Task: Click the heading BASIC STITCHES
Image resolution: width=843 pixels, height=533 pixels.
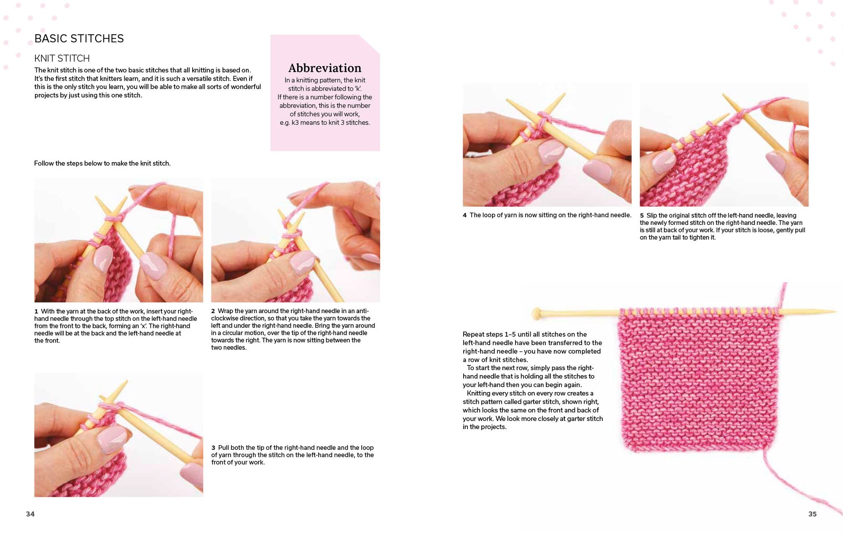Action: point(79,38)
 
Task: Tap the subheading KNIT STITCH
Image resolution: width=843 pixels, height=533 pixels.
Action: point(62,58)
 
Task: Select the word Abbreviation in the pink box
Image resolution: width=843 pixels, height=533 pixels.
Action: point(325,68)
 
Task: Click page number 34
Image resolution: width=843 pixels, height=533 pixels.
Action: point(30,514)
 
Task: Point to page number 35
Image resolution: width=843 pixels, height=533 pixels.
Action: point(812,514)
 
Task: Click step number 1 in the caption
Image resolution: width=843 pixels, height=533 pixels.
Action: point(36,311)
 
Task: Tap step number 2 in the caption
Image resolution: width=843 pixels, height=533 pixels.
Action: point(213,311)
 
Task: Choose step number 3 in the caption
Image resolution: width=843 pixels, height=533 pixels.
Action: point(213,448)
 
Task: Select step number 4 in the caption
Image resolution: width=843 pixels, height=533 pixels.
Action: point(465,215)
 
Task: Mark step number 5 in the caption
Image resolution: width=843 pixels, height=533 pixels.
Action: point(642,216)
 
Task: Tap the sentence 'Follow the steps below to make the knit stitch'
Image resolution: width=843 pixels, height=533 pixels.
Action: point(102,163)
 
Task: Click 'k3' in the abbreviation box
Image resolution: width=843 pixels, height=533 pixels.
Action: point(295,123)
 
